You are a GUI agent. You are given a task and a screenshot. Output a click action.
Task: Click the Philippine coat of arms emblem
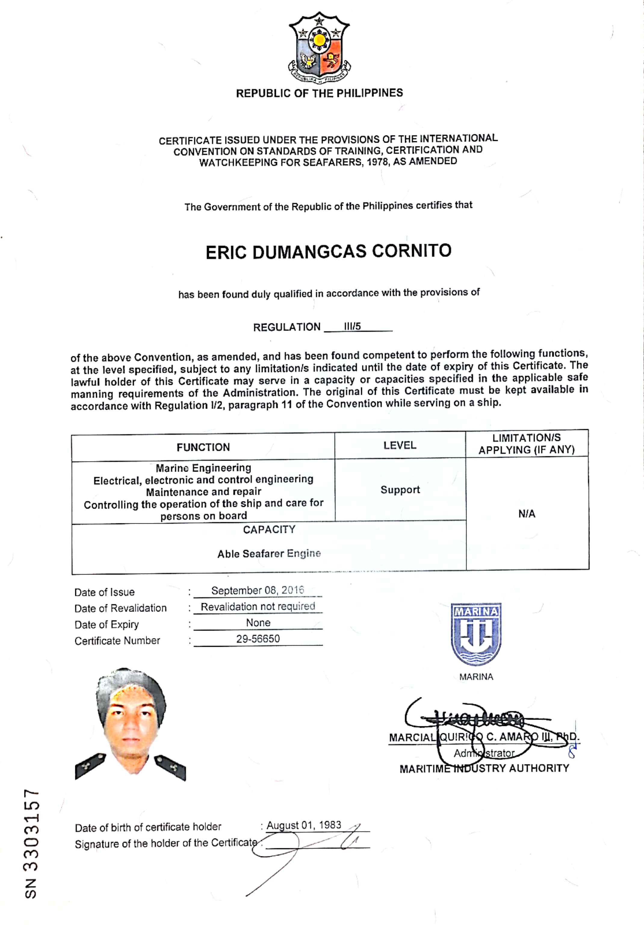pyautogui.click(x=319, y=48)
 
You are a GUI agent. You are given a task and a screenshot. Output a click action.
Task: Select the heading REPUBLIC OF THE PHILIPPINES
pyautogui.click(x=319, y=93)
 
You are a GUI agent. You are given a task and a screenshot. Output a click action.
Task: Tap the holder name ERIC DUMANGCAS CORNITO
pyautogui.click(x=329, y=252)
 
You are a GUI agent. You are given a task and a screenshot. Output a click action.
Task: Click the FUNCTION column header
pyautogui.click(x=203, y=447)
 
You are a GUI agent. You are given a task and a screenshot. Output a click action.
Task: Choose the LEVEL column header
pyautogui.click(x=400, y=445)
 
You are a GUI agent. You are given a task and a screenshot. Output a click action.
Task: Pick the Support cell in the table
pyautogui.click(x=400, y=490)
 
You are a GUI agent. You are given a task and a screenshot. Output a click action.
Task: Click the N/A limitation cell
pyautogui.click(x=526, y=514)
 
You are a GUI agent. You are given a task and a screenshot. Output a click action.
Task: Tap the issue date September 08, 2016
pyautogui.click(x=258, y=590)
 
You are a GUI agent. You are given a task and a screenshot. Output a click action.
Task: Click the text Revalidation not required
pyautogui.click(x=258, y=607)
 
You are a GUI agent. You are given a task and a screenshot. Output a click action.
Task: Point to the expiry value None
pyautogui.click(x=258, y=623)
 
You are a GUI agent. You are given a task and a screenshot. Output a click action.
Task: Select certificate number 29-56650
pyautogui.click(x=258, y=639)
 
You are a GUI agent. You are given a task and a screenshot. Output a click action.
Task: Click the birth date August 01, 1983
pyautogui.click(x=304, y=825)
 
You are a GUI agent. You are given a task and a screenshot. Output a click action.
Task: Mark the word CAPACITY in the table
pyautogui.click(x=269, y=530)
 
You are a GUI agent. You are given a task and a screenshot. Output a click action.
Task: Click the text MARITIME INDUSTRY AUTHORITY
pyautogui.click(x=484, y=768)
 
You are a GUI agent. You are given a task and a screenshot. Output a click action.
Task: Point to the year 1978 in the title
pyautogui.click(x=378, y=162)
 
